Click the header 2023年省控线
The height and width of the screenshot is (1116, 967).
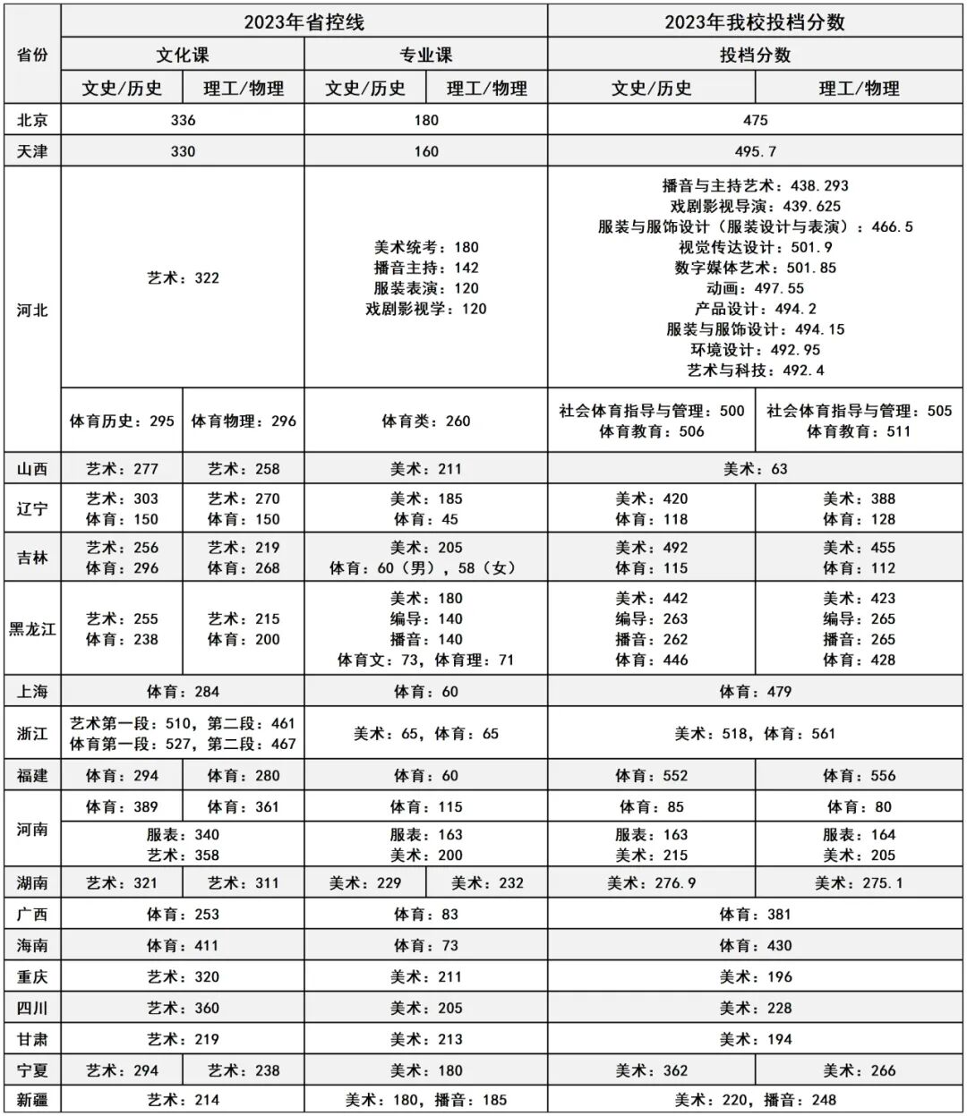click(304, 21)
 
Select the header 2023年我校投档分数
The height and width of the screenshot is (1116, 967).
click(755, 21)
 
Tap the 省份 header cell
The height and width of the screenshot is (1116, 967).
click(33, 55)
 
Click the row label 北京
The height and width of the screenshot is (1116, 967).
click(33, 120)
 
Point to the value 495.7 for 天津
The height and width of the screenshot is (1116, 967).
click(755, 151)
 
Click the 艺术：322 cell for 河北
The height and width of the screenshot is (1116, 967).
click(183, 277)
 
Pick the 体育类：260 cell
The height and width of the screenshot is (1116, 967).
click(426, 421)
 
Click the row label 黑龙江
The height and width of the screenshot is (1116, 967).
click(33, 628)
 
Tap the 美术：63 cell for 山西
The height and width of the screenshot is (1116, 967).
click(755, 468)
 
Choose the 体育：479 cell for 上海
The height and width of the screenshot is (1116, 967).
click(755, 691)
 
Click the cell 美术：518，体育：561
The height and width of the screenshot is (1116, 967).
click(755, 733)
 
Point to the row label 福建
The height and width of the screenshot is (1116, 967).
click(33, 775)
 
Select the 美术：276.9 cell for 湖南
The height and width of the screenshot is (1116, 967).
click(651, 882)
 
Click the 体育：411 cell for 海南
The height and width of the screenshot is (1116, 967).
click(183, 945)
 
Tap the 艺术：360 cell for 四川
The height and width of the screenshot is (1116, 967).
click(183, 1008)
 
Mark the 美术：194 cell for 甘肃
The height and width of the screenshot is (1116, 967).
click(755, 1039)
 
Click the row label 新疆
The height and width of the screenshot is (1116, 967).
click(33, 1100)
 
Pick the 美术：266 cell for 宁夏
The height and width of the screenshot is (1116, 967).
click(859, 1069)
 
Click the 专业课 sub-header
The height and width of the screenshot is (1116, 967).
click(426, 55)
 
